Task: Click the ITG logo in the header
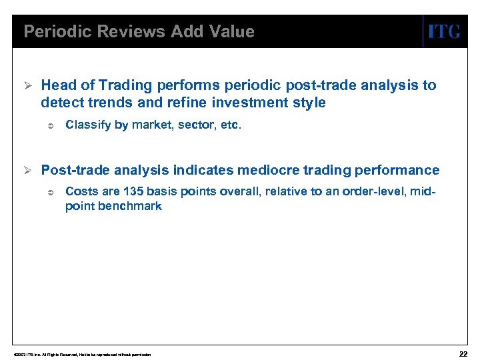click(444, 31)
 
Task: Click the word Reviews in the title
click(116, 31)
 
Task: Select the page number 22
click(463, 353)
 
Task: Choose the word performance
click(399, 170)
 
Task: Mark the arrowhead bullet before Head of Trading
click(27, 85)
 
